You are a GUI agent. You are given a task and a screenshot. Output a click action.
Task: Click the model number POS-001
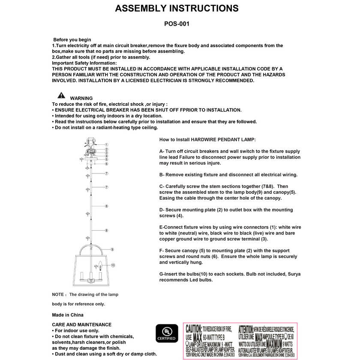[x=177, y=24]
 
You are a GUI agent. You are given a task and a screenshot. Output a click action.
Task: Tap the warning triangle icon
[x=61, y=96]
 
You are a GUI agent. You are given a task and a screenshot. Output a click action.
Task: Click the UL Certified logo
[x=166, y=333]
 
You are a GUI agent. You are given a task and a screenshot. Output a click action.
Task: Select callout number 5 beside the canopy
[x=106, y=159]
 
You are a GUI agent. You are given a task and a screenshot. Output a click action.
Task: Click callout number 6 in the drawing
[x=106, y=164]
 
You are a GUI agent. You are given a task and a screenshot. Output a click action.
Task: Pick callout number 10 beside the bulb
[x=113, y=265]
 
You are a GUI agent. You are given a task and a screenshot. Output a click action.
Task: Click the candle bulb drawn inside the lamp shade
[x=101, y=264]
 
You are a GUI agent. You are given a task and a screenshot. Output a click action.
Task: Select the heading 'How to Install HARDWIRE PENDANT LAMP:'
[x=207, y=140]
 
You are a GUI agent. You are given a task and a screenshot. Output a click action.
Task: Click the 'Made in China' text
[x=68, y=315]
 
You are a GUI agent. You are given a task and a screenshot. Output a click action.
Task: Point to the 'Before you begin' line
[x=72, y=40]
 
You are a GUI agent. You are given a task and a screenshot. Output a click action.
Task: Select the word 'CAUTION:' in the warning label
[x=194, y=329]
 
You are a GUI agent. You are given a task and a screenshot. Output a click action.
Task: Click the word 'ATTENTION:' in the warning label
[x=252, y=329]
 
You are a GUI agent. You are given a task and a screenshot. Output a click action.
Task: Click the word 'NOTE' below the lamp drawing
[x=58, y=295]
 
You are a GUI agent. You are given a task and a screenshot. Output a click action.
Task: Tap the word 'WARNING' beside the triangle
[x=81, y=98]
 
